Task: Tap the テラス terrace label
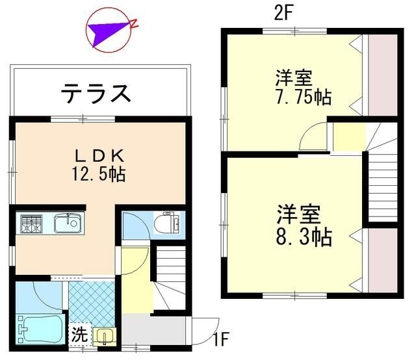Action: [x=97, y=93]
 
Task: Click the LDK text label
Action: [x=99, y=156]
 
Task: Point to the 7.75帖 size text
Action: [x=303, y=97]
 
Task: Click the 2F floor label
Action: [x=281, y=12]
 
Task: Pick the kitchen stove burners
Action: [x=31, y=225]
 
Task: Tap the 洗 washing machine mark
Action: [x=79, y=336]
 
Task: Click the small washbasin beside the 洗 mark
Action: [x=104, y=337]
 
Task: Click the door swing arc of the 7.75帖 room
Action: [x=313, y=135]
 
